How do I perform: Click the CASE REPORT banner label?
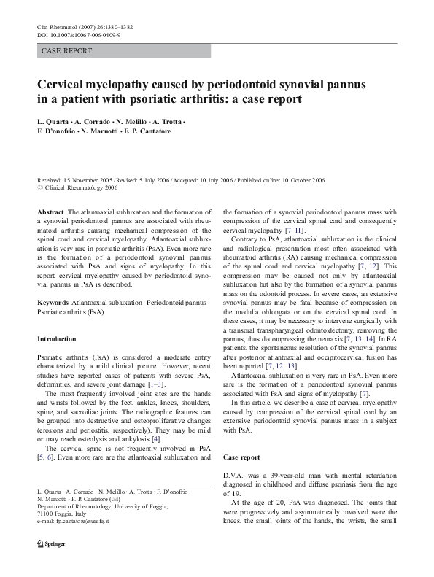click(x=67, y=51)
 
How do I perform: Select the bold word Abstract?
click(x=50, y=210)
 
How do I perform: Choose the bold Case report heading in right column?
click(x=241, y=457)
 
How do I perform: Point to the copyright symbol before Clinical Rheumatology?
click(x=39, y=187)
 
